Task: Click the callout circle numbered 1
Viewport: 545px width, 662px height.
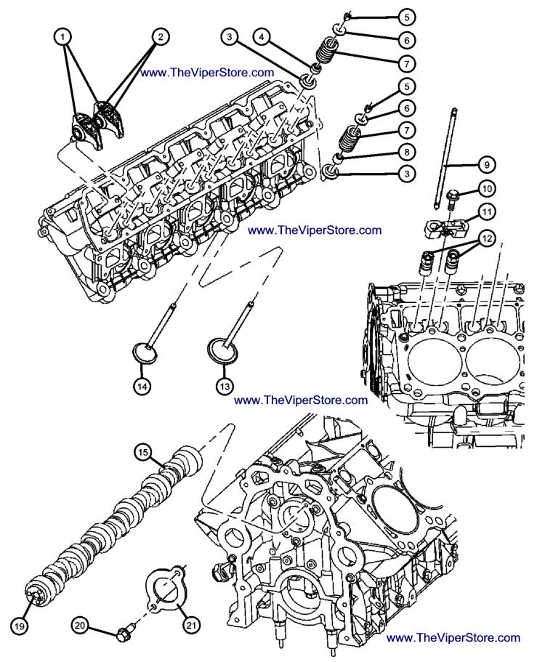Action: click(65, 36)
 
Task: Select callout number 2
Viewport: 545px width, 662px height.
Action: click(161, 36)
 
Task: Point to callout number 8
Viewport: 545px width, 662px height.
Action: click(406, 152)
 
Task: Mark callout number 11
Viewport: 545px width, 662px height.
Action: click(486, 212)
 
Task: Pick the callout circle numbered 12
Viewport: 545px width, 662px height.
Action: click(486, 238)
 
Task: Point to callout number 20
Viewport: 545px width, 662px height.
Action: click(80, 623)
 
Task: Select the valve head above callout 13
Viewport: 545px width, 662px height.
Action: click(224, 348)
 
